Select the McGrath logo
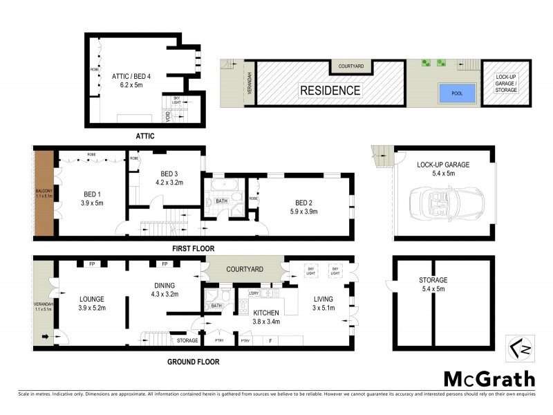[x=489, y=378]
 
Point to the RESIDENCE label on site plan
[x=330, y=90]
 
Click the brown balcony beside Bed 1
[x=44, y=193]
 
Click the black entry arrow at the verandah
[x=46, y=337]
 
